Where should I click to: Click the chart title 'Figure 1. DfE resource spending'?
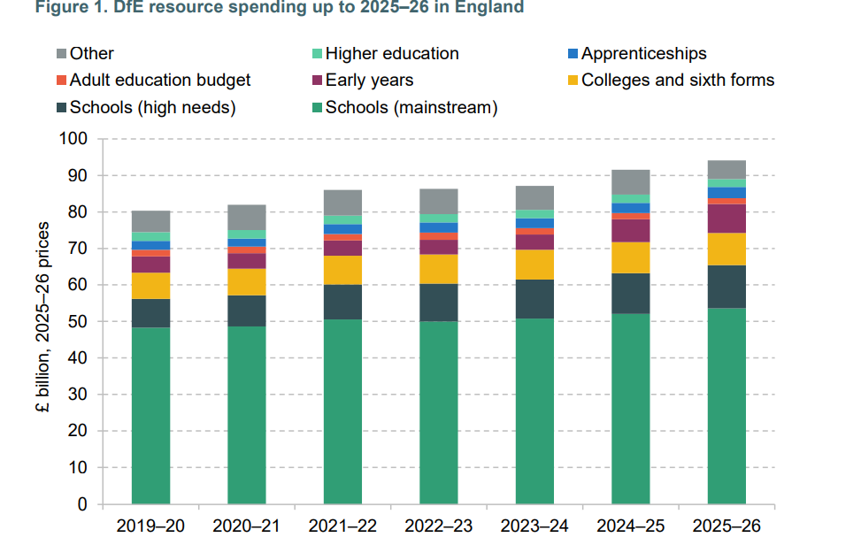(262, 8)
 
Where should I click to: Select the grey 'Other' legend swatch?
(61, 54)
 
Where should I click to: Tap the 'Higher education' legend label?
(392, 54)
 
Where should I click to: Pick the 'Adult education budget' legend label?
(159, 81)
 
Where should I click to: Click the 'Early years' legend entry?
(369, 81)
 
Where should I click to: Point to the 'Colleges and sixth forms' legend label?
(677, 81)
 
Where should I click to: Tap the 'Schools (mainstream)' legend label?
(411, 108)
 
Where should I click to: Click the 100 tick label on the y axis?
(75, 140)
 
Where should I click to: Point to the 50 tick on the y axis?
(80, 322)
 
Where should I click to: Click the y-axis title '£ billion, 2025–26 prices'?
(42, 321)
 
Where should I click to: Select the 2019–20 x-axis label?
(150, 526)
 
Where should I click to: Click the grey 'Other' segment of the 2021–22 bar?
(342, 202)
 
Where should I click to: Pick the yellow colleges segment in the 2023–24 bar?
(534, 265)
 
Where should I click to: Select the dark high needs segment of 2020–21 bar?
(247, 311)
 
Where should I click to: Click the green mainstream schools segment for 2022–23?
(439, 412)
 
